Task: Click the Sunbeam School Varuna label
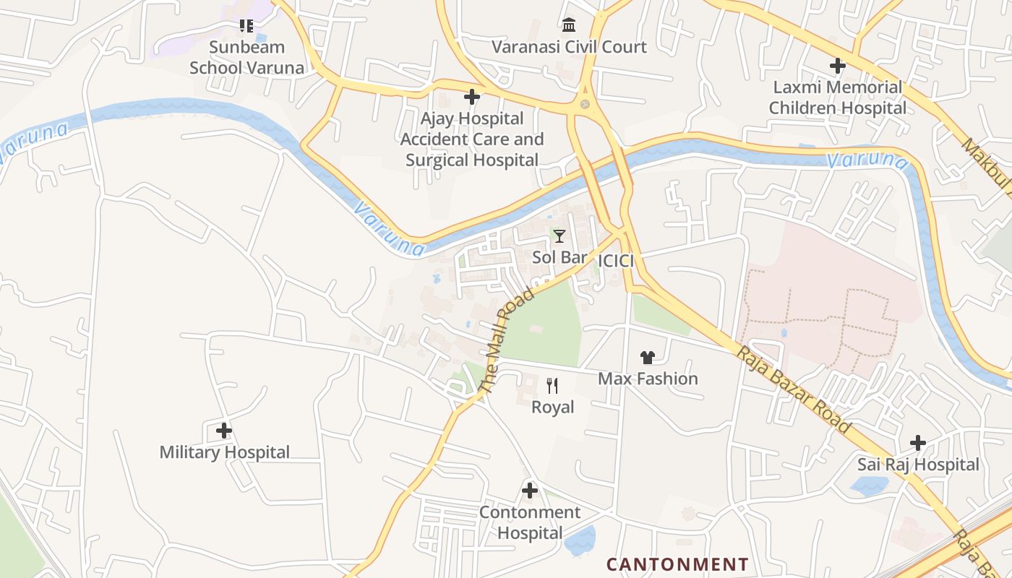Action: (246, 58)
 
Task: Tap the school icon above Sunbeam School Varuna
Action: (246, 27)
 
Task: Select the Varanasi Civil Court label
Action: (569, 47)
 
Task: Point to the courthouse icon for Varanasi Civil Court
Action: (569, 25)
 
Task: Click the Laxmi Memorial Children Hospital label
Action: (837, 98)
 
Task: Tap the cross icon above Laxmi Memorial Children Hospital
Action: (837, 66)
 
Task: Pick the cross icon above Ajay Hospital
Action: (472, 97)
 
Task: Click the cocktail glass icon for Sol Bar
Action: (559, 236)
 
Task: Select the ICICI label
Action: (616, 261)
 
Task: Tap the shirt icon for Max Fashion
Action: (647, 357)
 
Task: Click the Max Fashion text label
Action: (648, 379)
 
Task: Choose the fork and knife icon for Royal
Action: (552, 386)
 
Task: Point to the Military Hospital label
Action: (224, 452)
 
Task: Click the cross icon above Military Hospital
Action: (224, 431)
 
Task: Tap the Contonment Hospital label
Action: (530, 522)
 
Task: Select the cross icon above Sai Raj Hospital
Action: (917, 442)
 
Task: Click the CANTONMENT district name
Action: (677, 564)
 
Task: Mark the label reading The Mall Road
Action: (506, 340)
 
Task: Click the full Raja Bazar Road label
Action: (793, 389)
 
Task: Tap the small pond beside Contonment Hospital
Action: (580, 540)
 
